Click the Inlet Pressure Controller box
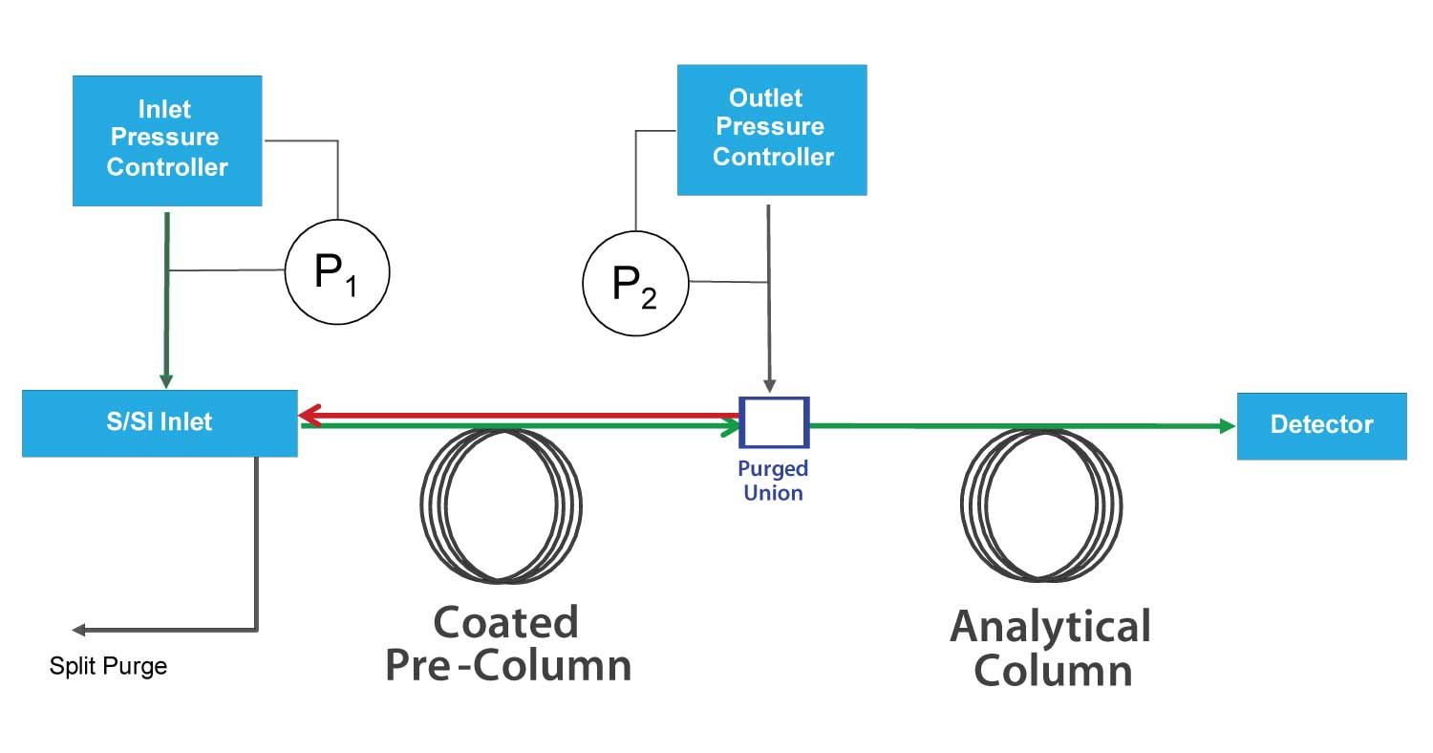tap(167, 140)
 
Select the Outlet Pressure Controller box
tap(772, 129)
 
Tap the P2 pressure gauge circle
tap(635, 282)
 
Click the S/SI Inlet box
tap(160, 422)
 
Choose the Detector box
tap(1321, 425)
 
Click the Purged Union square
tap(774, 422)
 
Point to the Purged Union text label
tap(773, 481)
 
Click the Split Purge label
tap(108, 666)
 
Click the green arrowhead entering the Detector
tap(1228, 426)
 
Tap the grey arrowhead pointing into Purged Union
tap(769, 385)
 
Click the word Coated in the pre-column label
tap(505, 623)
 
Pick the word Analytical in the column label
tap(1050, 627)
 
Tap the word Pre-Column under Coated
tap(508, 666)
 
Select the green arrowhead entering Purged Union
tap(732, 427)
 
